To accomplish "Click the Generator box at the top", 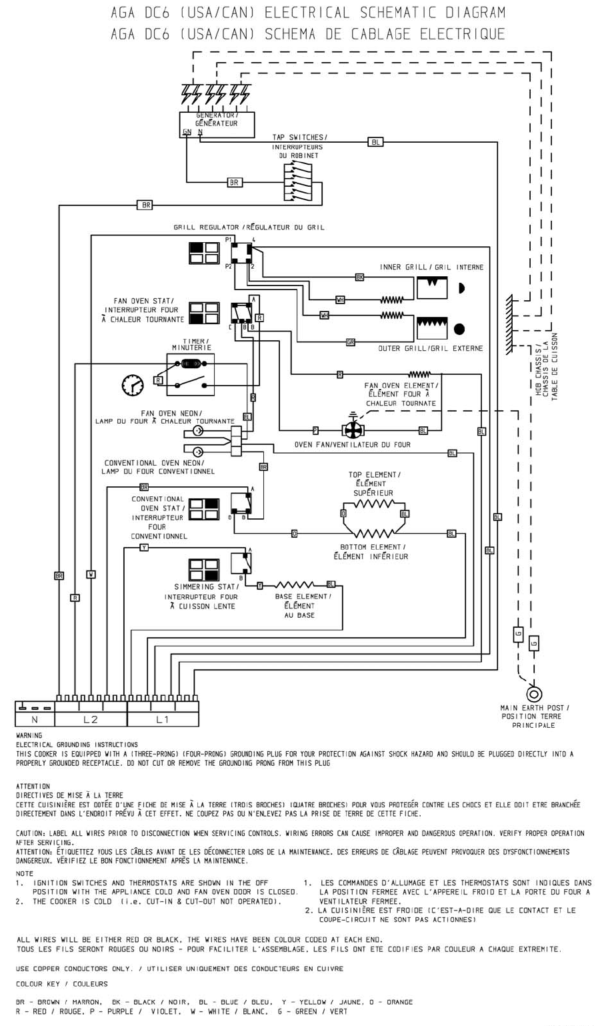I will pyautogui.click(x=217, y=124).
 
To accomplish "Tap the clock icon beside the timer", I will pyautogui.click(x=133, y=385).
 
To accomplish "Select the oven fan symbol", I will pyautogui.click(x=353, y=430).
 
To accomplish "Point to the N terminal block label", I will pyautogui.click(x=35, y=720).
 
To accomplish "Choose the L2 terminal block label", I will pyautogui.click(x=91, y=720).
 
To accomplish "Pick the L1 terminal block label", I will pyautogui.click(x=163, y=720).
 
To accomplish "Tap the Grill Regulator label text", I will pyautogui.click(x=249, y=227).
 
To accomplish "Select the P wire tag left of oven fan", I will pyautogui.click(x=315, y=431).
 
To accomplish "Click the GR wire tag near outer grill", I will pyautogui.click(x=350, y=342).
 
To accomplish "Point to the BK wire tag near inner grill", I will pyautogui.click(x=359, y=277).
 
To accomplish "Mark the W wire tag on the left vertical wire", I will pyautogui.click(x=91, y=574).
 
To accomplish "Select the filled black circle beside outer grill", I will pyautogui.click(x=459, y=329).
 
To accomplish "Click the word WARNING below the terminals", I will pyautogui.click(x=29, y=736).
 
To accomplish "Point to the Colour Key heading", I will pyautogui.click(x=61, y=984).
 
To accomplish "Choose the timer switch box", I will pyautogui.click(x=190, y=374).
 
